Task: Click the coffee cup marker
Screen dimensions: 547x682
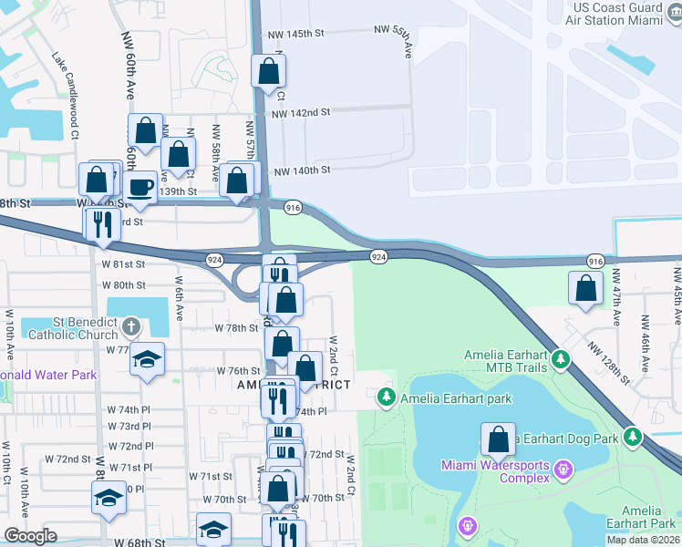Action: point(139,188)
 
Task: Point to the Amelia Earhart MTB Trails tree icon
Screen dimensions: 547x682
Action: point(563,360)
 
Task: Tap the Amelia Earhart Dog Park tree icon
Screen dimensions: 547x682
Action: point(633,438)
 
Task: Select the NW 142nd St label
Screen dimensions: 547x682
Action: point(300,112)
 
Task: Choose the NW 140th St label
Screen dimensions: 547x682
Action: point(300,170)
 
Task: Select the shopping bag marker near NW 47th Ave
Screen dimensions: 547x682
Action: point(584,288)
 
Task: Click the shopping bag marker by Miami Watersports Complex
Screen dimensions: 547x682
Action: point(499,439)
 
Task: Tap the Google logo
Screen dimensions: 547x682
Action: point(30,536)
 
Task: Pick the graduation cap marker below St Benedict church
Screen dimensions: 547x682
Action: point(146,359)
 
